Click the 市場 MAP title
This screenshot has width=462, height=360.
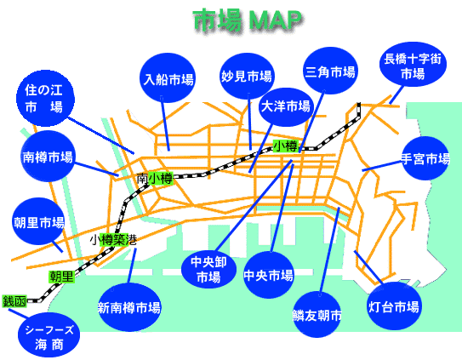pyautogui.click(x=248, y=20)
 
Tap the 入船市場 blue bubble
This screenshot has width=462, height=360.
pyautogui.click(x=168, y=78)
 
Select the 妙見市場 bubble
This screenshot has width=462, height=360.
pyautogui.click(x=247, y=76)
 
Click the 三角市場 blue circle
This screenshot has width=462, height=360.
pyautogui.click(x=330, y=71)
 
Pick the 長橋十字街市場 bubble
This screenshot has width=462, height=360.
pyautogui.click(x=413, y=65)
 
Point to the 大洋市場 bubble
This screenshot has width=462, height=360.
pyautogui.click(x=286, y=106)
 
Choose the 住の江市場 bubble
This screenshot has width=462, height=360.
pyautogui.click(x=45, y=99)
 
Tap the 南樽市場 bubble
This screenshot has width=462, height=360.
pyautogui.click(x=48, y=157)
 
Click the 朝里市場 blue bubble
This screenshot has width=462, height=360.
pyautogui.click(x=39, y=221)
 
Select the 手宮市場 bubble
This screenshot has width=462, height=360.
pyautogui.click(x=425, y=158)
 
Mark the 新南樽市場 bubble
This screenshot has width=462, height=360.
pyautogui.click(x=129, y=307)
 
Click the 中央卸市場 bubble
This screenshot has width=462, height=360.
pyautogui.click(x=208, y=269)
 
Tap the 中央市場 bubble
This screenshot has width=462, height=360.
pyautogui.click(x=269, y=275)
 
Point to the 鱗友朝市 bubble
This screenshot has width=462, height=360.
pyautogui.click(x=317, y=315)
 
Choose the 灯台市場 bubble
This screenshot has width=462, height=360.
pyautogui.click(x=394, y=306)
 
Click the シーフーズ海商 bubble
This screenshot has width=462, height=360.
pyautogui.click(x=48, y=335)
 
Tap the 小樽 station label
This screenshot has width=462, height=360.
pyautogui.click(x=286, y=146)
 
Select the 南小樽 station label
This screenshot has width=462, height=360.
pyautogui.click(x=155, y=179)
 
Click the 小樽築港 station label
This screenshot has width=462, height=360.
pyautogui.click(x=113, y=239)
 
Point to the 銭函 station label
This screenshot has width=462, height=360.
pyautogui.click(x=14, y=301)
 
